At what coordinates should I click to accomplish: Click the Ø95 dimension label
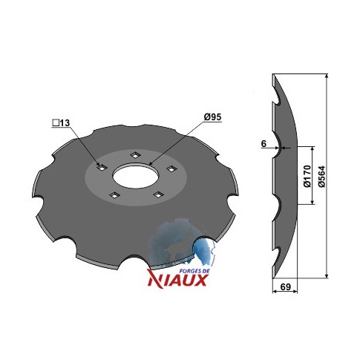click(x=212, y=117)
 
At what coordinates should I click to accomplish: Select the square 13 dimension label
click(x=61, y=122)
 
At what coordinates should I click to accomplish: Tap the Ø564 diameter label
click(x=322, y=177)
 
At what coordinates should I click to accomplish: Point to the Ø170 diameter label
click(x=307, y=177)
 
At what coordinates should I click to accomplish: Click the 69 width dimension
click(x=285, y=287)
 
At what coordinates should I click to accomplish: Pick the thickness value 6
click(x=264, y=143)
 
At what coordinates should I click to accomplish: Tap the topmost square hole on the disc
click(x=135, y=155)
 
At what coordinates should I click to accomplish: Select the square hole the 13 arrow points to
click(x=102, y=168)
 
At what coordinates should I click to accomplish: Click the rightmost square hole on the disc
click(x=171, y=168)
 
